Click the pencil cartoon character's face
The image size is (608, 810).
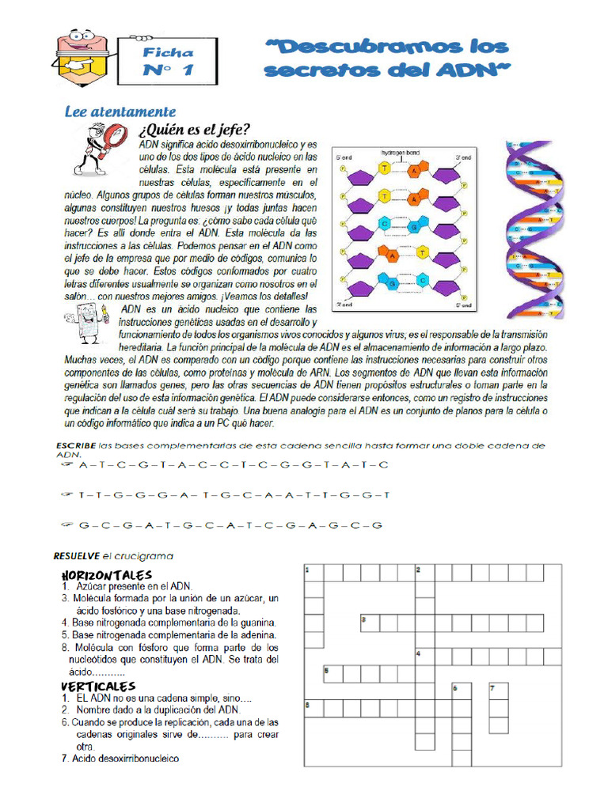pos(79,47)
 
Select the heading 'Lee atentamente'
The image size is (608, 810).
pos(120,112)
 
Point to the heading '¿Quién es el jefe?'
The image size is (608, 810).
pos(194,130)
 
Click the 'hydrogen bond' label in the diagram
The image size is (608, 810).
pos(400,152)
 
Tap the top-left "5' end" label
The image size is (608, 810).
pos(344,158)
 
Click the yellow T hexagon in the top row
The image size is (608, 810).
pos(385,168)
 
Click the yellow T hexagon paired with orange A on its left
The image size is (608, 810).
pos(423,252)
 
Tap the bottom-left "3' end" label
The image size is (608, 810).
pos(344,304)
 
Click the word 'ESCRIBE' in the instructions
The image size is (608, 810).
pos(76,446)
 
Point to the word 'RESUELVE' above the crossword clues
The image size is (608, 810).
pos(76,555)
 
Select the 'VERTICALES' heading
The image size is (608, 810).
pos(98,686)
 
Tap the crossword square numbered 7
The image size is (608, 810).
pos(498,691)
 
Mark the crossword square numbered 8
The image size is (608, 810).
pos(313,707)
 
